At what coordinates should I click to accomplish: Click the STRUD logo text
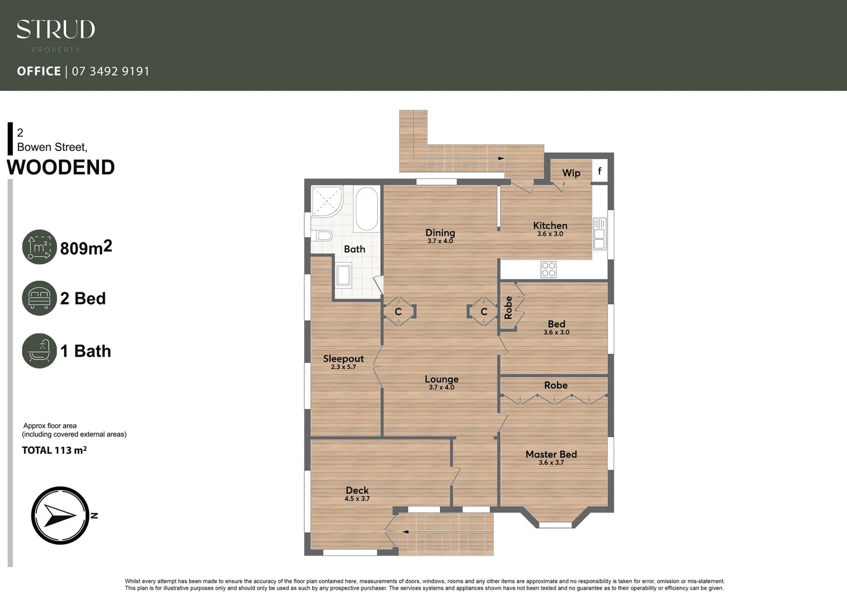pyautogui.click(x=55, y=29)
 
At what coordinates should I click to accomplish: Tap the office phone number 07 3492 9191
pyautogui.click(x=110, y=71)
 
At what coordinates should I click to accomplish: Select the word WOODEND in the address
pyautogui.click(x=60, y=167)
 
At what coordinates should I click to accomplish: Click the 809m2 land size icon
pyautogui.click(x=39, y=247)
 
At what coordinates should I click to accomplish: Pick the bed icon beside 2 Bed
pyautogui.click(x=39, y=298)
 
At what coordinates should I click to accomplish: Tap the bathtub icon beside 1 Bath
pyautogui.click(x=39, y=351)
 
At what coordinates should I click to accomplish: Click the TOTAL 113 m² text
pyautogui.click(x=54, y=450)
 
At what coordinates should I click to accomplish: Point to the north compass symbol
pyautogui.click(x=60, y=515)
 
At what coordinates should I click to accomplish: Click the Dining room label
pyautogui.click(x=440, y=233)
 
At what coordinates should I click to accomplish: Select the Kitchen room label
pyautogui.click(x=550, y=225)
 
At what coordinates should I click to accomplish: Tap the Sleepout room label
pyautogui.click(x=343, y=359)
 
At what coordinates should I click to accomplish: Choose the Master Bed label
pyautogui.click(x=551, y=454)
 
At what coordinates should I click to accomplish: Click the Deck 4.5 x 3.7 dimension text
pyautogui.click(x=357, y=499)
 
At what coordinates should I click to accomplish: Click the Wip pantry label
pyautogui.click(x=571, y=173)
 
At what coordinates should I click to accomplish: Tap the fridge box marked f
pyautogui.click(x=599, y=171)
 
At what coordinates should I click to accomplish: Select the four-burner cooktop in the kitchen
pyautogui.click(x=548, y=270)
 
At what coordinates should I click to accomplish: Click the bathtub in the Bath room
pyautogui.click(x=366, y=209)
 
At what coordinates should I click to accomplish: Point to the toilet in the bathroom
pyautogui.click(x=322, y=236)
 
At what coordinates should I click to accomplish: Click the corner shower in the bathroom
pyautogui.click(x=326, y=201)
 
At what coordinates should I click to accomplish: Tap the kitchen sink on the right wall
pyautogui.click(x=599, y=233)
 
